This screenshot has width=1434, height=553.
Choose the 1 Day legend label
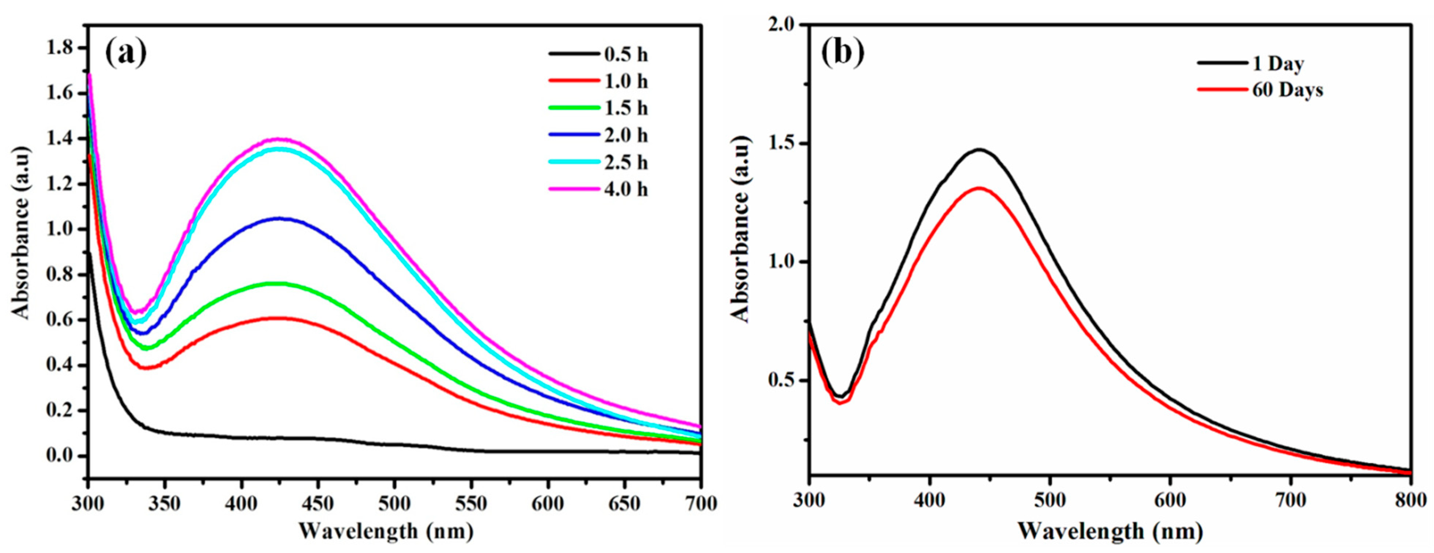click(x=1277, y=64)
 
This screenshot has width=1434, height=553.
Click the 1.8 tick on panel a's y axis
click(x=59, y=48)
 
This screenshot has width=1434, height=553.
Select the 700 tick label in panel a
click(x=700, y=504)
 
